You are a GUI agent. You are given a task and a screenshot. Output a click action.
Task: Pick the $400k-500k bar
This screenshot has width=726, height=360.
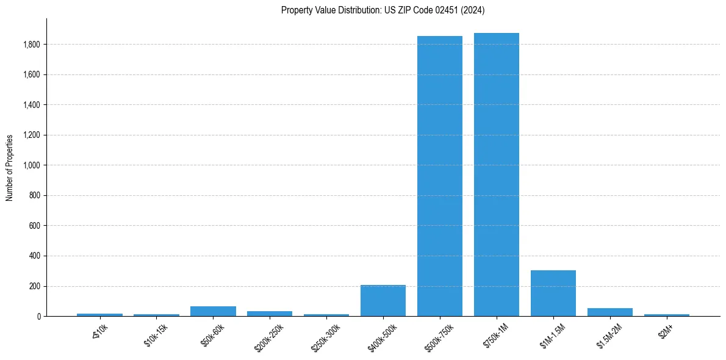[x=383, y=300]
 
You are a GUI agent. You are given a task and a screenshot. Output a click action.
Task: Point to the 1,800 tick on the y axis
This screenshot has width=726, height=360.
[x=32, y=45]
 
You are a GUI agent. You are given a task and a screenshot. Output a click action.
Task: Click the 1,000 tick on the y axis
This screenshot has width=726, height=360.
[x=32, y=165]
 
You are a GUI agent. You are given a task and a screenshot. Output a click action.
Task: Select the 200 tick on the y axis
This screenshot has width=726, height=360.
[x=35, y=286]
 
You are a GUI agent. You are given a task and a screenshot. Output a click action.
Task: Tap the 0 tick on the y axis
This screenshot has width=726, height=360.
[x=38, y=317]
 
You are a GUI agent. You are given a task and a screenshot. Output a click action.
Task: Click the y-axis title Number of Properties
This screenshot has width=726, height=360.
[x=10, y=168]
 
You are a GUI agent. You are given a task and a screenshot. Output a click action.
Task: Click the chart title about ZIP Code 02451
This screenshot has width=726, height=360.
[x=383, y=10]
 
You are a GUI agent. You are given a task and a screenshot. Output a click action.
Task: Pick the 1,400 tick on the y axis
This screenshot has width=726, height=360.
[x=32, y=105]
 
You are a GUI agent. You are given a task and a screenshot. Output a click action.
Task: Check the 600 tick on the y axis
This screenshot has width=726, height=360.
[x=35, y=226]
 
